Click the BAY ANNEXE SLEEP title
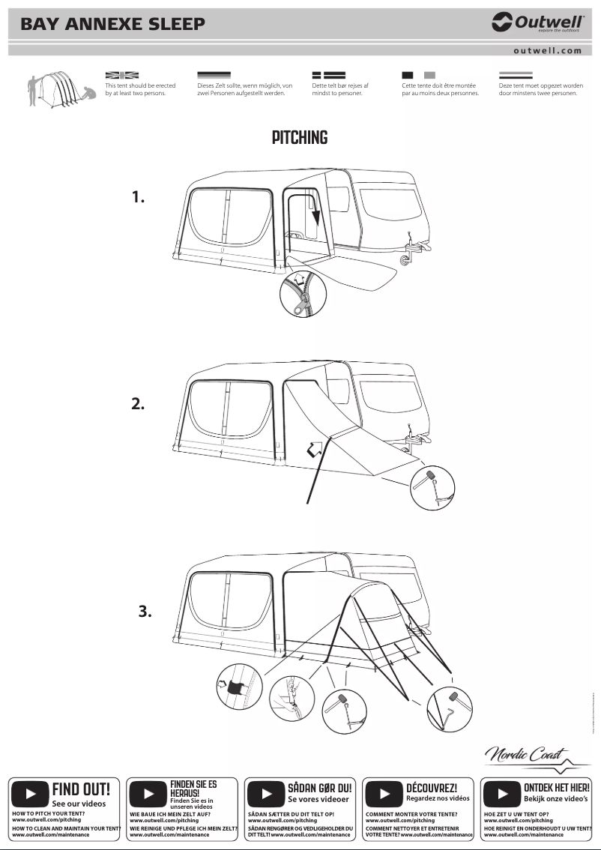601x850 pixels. (x=112, y=24)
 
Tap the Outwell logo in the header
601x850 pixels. (x=537, y=23)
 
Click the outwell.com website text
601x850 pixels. (x=547, y=51)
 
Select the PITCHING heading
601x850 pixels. (x=300, y=138)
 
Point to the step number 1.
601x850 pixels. (x=138, y=197)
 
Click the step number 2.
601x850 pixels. (x=138, y=403)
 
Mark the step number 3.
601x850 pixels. (x=145, y=611)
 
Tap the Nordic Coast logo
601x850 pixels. (x=527, y=755)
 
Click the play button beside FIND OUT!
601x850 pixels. (x=31, y=793)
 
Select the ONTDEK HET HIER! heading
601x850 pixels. (x=556, y=788)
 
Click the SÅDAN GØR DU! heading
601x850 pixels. (x=319, y=789)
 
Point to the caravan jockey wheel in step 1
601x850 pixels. (x=407, y=257)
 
